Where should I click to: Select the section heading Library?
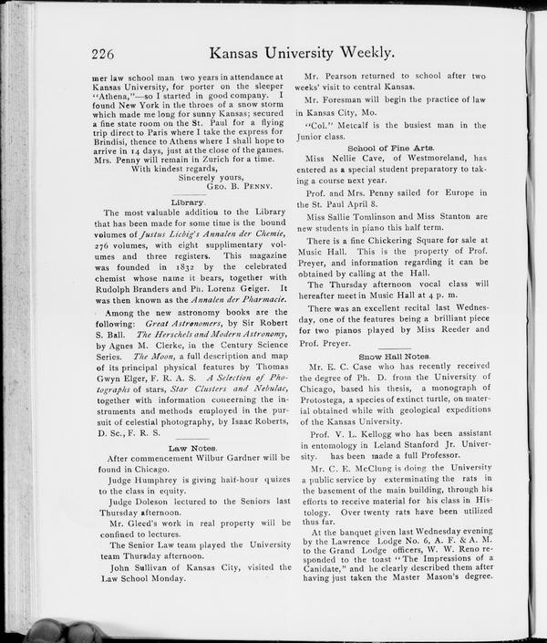[x=189, y=201]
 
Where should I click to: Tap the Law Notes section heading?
[x=192, y=448]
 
